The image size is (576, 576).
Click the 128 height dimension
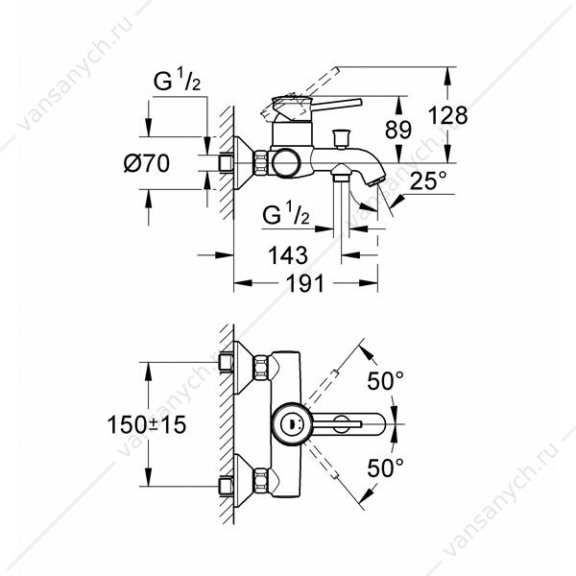447,115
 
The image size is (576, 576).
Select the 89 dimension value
398,130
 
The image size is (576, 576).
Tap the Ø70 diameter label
147,163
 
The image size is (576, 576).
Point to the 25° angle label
427,180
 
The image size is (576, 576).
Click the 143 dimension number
288,255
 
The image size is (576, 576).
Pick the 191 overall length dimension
305,283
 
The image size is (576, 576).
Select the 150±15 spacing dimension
147,424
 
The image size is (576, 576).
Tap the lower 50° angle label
386,468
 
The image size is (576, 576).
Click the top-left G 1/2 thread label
177,81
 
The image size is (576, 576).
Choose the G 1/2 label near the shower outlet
286,214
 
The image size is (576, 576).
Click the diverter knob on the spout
341,138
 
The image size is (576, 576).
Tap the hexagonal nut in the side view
261,163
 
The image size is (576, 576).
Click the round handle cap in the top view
292,424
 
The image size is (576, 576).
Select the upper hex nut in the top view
261,368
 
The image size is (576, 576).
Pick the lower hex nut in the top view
261,481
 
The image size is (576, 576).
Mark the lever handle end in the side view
358,103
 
